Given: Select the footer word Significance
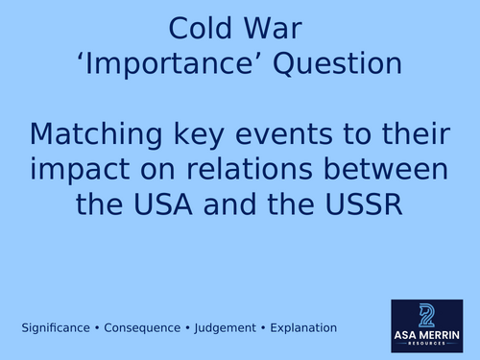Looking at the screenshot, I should click(57, 328).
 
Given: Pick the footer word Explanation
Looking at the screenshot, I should click(302, 328).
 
